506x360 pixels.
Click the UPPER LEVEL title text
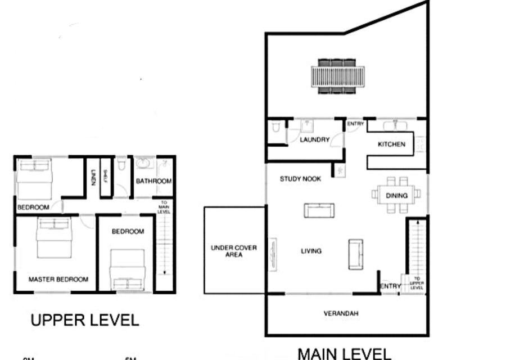pos(84,321)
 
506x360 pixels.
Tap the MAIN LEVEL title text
pos(344,354)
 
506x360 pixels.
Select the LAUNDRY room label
pos(314,139)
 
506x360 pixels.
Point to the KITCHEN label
pos(391,145)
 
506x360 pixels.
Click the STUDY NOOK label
pos(301,179)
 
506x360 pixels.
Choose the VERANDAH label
pos(341,313)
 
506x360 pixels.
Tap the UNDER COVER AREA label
pos(234,251)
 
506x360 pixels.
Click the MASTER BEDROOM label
pos(58,279)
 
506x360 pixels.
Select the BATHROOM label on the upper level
pos(153,181)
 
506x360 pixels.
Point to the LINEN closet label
pos(93,178)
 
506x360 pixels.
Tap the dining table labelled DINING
pos(396,194)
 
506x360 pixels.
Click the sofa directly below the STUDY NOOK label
pos(319,210)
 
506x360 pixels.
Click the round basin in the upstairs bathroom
pos(143,164)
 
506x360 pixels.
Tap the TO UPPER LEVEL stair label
pos(417,282)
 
